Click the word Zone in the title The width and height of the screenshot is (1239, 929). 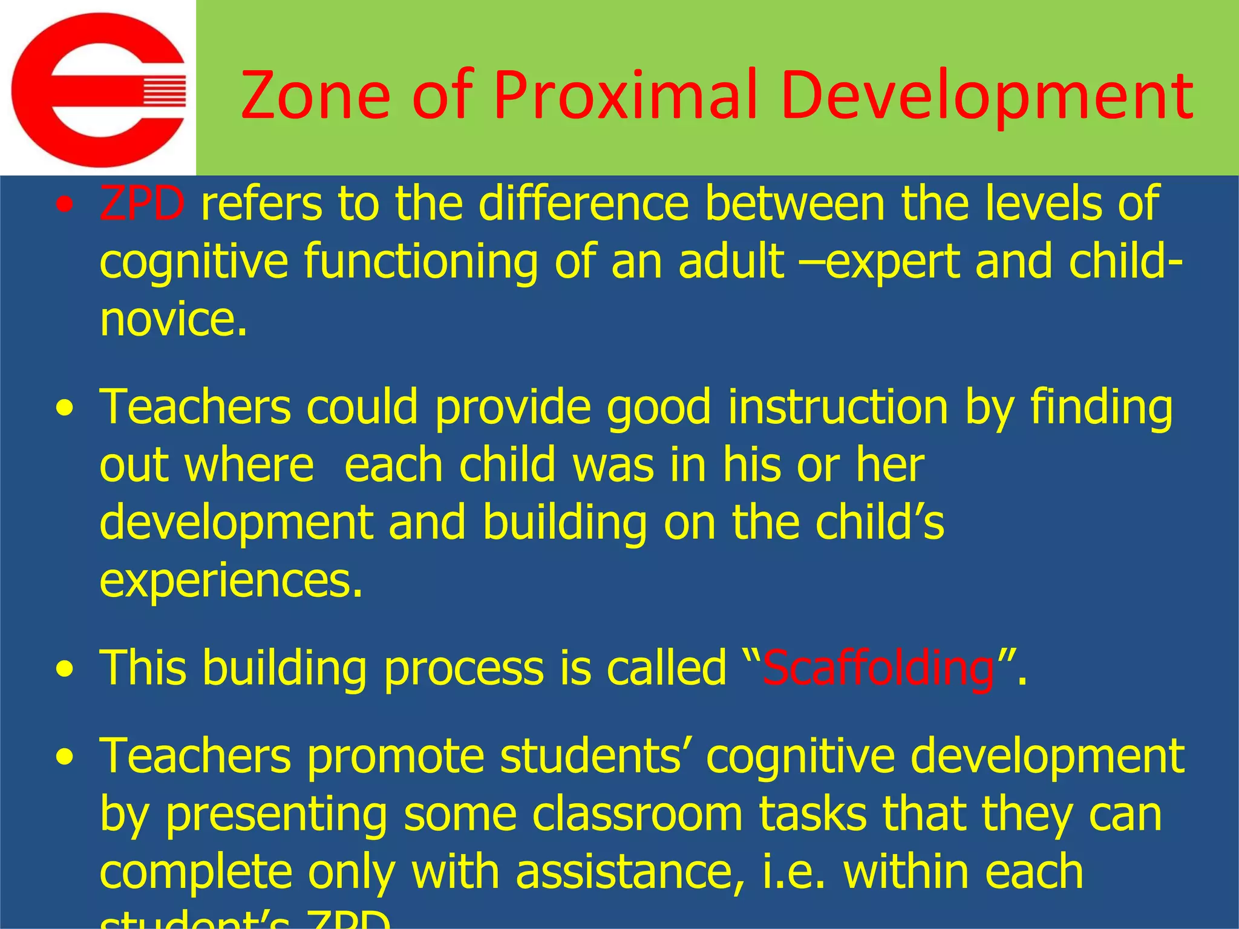[x=315, y=96]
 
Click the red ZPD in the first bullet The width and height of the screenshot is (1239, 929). [x=142, y=203]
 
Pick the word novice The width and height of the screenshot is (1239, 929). [x=173, y=319]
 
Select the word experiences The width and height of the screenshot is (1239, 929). [x=230, y=581]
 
